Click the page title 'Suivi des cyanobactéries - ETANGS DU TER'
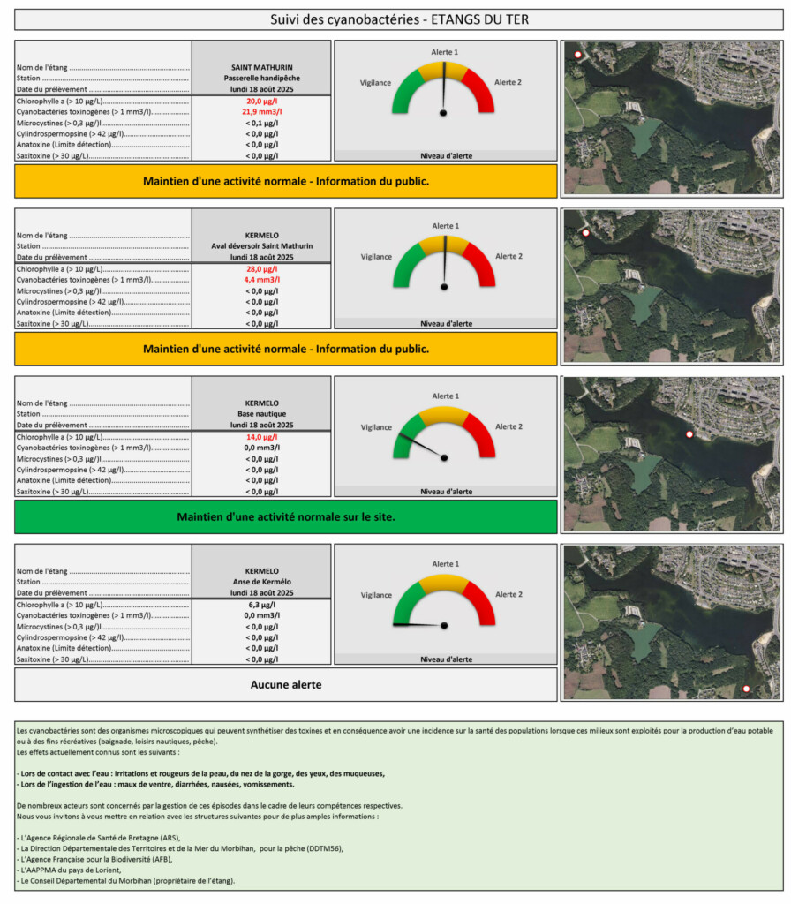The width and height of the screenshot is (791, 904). tap(399, 19)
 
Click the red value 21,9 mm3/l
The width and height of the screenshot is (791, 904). tap(261, 112)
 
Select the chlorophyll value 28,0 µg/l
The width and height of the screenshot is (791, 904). tap(261, 268)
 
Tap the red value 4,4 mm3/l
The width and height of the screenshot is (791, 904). tap(261, 280)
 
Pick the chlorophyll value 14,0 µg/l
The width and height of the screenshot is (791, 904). tap(261, 437)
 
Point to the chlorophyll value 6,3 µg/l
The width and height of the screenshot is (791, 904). tap(261, 606)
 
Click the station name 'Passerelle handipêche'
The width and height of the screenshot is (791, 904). tap(261, 78)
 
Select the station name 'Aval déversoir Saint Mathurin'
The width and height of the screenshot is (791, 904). tap(261, 245)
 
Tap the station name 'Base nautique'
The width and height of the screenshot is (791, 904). tap(261, 413)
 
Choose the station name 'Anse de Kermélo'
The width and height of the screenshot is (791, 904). tap(261, 582)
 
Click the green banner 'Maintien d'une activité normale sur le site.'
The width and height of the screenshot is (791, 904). tap(286, 516)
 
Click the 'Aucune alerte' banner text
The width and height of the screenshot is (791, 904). tap(286, 684)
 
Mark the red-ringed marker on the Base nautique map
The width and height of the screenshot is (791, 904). tap(689, 434)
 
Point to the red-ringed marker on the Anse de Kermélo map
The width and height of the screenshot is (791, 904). tap(746, 689)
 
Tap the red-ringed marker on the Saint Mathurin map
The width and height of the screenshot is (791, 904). tap(578, 55)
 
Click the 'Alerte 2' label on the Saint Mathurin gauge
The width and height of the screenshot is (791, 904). tap(508, 82)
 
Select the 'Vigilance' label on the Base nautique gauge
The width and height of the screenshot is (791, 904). tap(376, 427)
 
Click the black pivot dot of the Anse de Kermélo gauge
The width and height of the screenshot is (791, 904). tap(443, 625)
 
